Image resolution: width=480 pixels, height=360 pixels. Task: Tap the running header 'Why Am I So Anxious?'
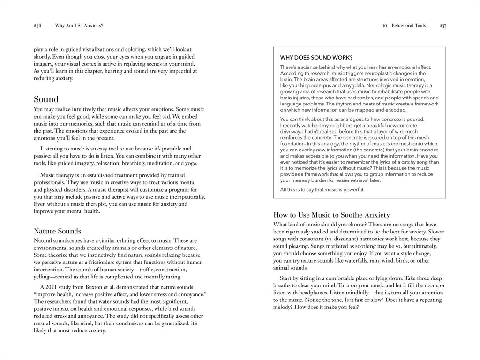coord(79,26)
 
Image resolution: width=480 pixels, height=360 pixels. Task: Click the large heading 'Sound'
coord(46,99)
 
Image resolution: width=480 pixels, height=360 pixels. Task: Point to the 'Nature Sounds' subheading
coord(58,231)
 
